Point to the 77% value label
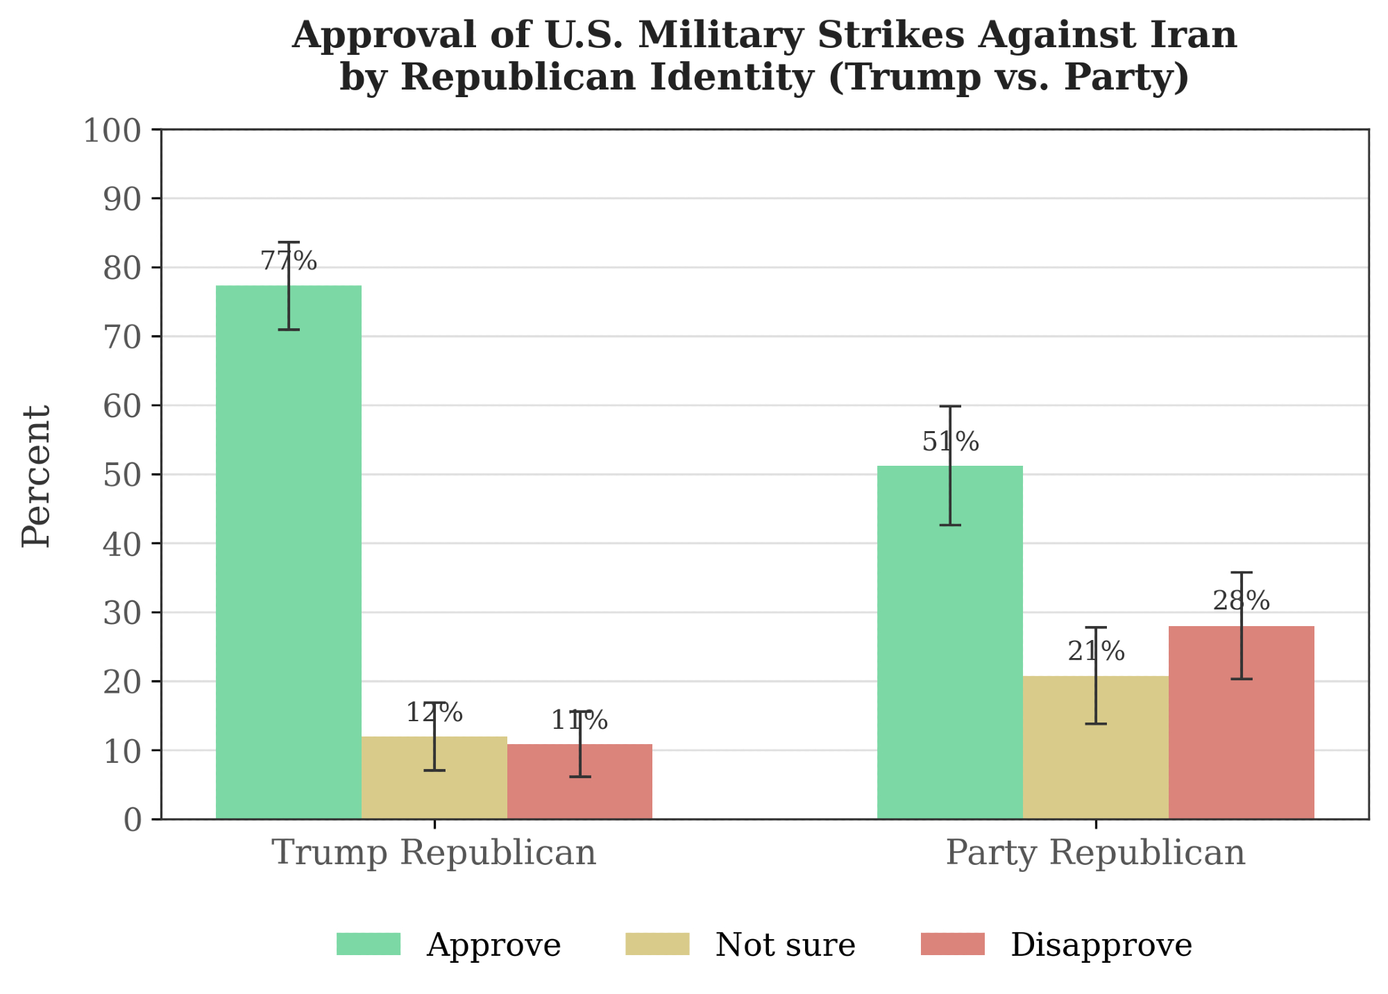coord(289,262)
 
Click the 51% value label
coord(950,442)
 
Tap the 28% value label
coord(1242,601)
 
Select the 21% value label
coord(1096,652)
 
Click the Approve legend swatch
coord(369,944)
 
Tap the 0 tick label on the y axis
coord(133,820)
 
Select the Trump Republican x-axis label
coord(435,852)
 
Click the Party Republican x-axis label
coord(1096,852)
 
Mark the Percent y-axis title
coord(37,476)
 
